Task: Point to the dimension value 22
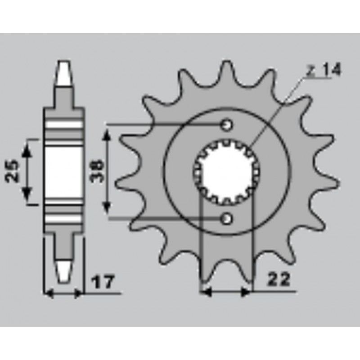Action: click(279, 280)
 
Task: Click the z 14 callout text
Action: click(324, 70)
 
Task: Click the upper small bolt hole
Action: click(227, 124)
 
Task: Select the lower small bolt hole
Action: click(227, 219)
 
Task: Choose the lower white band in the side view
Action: click(63, 219)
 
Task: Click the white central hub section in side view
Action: click(63, 171)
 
